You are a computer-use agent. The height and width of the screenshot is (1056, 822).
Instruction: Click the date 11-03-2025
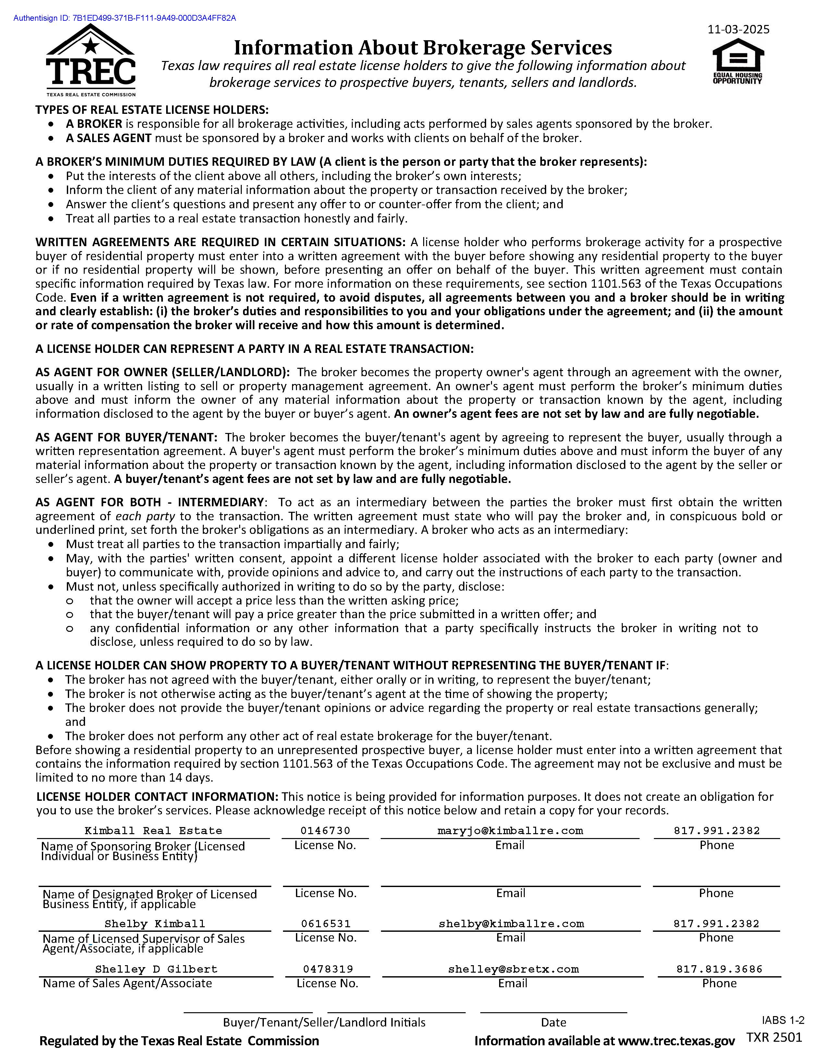(x=738, y=30)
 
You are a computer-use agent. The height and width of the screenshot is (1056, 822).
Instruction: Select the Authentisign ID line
(x=125, y=18)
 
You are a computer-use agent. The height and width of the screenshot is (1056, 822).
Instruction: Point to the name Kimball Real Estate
(x=153, y=831)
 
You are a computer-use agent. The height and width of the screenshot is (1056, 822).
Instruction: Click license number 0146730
(x=325, y=831)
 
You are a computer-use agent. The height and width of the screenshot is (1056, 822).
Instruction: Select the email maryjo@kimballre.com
(x=510, y=831)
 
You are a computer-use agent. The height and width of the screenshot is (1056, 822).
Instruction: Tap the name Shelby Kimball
(x=155, y=924)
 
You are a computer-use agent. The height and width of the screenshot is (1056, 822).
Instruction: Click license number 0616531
(x=325, y=924)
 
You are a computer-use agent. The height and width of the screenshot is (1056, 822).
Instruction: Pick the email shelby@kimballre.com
(x=511, y=924)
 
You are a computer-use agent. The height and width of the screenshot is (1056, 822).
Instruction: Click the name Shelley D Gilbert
(x=156, y=969)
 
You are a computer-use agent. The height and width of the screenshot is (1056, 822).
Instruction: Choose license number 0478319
(x=328, y=969)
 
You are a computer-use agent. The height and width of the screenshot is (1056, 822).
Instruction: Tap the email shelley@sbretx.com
(x=513, y=969)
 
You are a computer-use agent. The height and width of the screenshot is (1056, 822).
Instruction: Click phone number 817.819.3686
(x=719, y=969)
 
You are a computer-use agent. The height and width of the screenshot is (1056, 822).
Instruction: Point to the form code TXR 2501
(x=774, y=1037)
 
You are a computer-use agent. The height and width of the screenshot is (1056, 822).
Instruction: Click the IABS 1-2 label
(x=783, y=1020)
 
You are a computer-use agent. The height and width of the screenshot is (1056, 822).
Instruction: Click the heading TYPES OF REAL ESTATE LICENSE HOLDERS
(x=152, y=110)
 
